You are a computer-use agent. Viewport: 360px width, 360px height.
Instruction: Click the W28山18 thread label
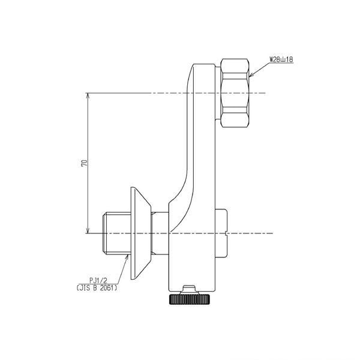281,59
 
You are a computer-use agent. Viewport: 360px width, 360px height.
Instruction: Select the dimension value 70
85,163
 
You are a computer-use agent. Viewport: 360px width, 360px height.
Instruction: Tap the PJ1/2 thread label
98,280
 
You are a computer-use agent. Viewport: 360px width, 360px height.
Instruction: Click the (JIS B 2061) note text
97,287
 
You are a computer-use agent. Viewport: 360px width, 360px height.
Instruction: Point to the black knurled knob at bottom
189,299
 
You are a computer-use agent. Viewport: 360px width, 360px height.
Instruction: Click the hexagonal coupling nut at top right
235,93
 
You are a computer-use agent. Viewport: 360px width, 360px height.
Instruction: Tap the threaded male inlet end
116,233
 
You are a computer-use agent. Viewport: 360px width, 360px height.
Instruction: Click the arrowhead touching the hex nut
251,75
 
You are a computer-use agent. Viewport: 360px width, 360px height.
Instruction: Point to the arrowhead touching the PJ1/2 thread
127,256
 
